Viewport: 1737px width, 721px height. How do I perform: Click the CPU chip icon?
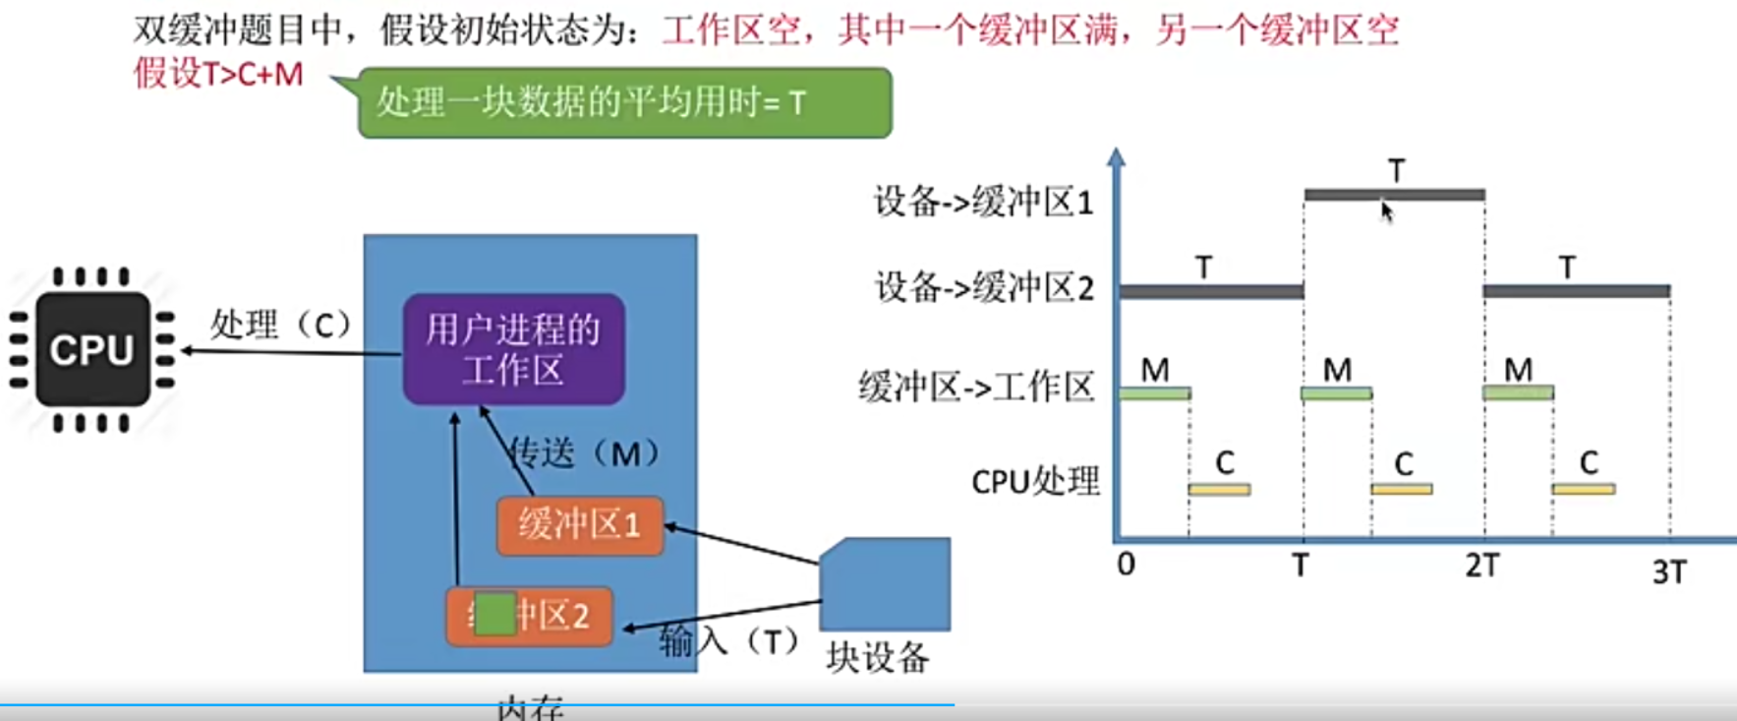92,349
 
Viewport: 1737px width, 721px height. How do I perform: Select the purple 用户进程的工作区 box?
513,349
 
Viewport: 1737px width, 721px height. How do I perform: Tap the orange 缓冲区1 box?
580,525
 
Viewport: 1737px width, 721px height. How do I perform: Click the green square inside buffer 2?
494,614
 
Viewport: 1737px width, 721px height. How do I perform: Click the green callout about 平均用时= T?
624,102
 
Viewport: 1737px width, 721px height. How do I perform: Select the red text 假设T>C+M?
218,74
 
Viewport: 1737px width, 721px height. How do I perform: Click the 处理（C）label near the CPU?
280,324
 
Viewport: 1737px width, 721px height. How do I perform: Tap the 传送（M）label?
584,453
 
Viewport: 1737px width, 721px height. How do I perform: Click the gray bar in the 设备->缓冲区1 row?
1394,195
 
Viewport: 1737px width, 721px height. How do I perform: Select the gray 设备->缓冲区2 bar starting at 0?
1211,291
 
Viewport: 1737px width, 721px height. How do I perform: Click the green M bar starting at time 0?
1155,393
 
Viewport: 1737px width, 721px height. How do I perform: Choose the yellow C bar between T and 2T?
1402,489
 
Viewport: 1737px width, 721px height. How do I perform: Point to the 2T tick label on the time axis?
1482,567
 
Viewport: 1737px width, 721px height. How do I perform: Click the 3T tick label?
1669,571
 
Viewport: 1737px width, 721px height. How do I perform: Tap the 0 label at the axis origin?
1127,565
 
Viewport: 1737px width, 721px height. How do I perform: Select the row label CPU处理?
1035,482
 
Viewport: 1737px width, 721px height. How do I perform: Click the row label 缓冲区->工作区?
976,387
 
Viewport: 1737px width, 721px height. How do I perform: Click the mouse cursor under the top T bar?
1386,211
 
